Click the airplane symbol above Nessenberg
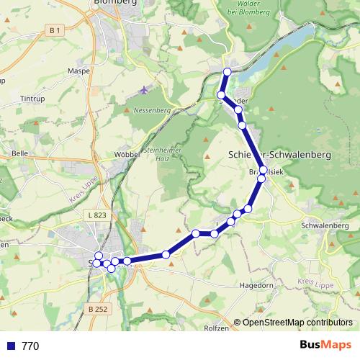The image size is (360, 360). (x=144, y=90)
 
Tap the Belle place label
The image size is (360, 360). (x=19, y=153)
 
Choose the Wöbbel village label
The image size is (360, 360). (x=126, y=155)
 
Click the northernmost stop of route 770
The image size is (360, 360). (x=228, y=71)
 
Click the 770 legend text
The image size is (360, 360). (x=30, y=346)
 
